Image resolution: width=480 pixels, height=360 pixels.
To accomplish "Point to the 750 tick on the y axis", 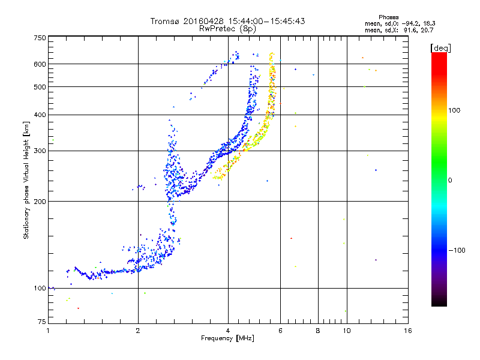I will (40, 38).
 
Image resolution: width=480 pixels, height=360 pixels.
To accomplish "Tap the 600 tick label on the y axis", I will (40, 64).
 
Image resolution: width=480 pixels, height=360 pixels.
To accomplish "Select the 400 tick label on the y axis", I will (40, 115).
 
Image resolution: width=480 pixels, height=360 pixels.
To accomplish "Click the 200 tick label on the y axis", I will (40, 202).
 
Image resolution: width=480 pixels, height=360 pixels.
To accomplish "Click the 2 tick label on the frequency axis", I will (138, 331).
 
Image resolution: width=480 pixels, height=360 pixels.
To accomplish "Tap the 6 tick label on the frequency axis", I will (280, 331).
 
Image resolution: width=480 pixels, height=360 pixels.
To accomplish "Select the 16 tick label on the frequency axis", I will (407, 331).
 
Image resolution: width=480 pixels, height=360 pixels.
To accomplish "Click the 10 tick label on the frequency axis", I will (346, 331).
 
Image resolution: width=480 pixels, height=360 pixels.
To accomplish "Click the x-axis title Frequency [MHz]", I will (227, 338).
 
